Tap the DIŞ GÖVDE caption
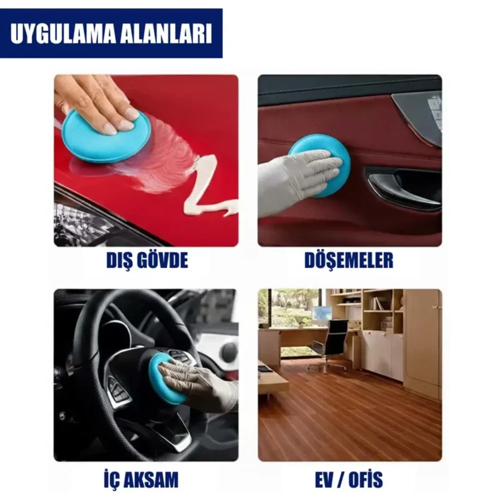[146, 260]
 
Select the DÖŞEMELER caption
[349, 260]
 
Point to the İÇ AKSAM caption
[145, 479]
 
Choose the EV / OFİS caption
[350, 479]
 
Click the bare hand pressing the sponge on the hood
[99, 99]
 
